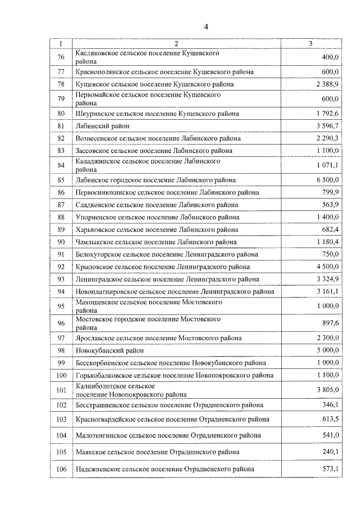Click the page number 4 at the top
pos(206,27)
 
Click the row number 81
pos(61,125)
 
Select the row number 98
pos(61,350)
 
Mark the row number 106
pos(61,469)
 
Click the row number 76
pos(61,57)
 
